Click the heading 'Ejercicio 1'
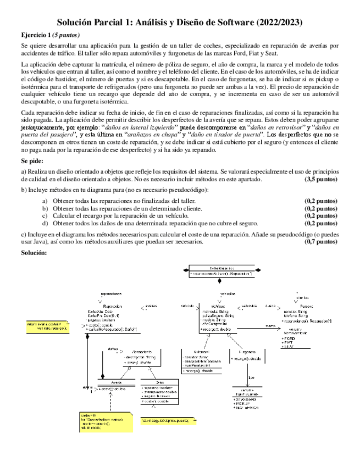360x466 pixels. tap(36, 34)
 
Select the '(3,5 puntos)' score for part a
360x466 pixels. tap(320, 179)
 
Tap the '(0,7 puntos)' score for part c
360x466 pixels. tap(320, 241)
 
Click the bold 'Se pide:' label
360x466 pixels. tap(32, 163)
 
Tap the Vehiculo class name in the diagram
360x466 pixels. tap(221, 306)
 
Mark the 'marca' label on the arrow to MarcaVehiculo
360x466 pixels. tap(270, 326)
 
